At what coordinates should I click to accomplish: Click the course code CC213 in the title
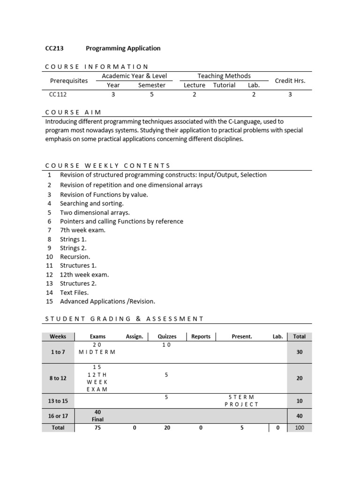click(x=54, y=48)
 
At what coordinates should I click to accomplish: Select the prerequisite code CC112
click(x=58, y=94)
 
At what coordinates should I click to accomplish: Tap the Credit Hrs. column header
click(x=290, y=81)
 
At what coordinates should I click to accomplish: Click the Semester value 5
click(x=152, y=94)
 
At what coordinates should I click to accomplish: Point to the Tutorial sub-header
click(x=224, y=85)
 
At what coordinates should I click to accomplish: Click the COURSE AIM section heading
click(x=73, y=112)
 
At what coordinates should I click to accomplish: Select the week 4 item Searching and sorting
click(x=91, y=203)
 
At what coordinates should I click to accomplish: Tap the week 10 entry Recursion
click(x=75, y=257)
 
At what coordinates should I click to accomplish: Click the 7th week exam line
click(x=82, y=230)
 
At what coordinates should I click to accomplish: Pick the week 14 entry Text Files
click(x=74, y=292)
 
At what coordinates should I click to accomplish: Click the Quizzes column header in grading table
click(x=167, y=337)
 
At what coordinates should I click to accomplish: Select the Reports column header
click(x=201, y=337)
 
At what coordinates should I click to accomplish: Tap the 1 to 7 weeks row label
click(x=58, y=352)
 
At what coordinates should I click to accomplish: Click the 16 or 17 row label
click(x=58, y=416)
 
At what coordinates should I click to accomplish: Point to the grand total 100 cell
click(x=299, y=427)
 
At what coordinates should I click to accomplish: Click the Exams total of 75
click(x=98, y=427)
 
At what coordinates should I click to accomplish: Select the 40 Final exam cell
click(x=98, y=416)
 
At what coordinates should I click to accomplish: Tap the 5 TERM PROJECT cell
click(x=241, y=401)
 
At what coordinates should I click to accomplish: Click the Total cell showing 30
click(x=300, y=352)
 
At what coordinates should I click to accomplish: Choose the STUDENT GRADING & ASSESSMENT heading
click(x=124, y=319)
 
